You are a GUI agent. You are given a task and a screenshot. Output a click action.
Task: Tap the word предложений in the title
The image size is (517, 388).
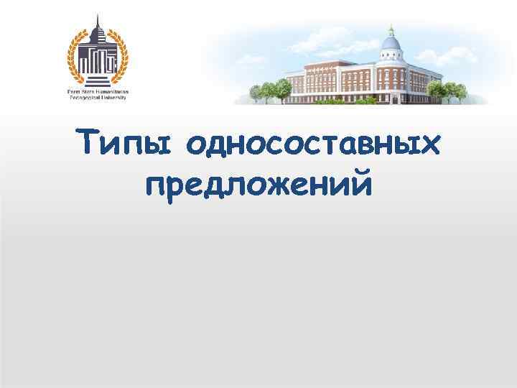coord(258,186)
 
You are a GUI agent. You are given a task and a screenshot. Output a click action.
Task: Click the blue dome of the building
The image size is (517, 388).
coord(390,45)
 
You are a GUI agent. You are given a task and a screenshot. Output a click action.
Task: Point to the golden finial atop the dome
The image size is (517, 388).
coord(390,29)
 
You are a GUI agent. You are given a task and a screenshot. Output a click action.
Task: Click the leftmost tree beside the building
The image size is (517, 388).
coord(256,93)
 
